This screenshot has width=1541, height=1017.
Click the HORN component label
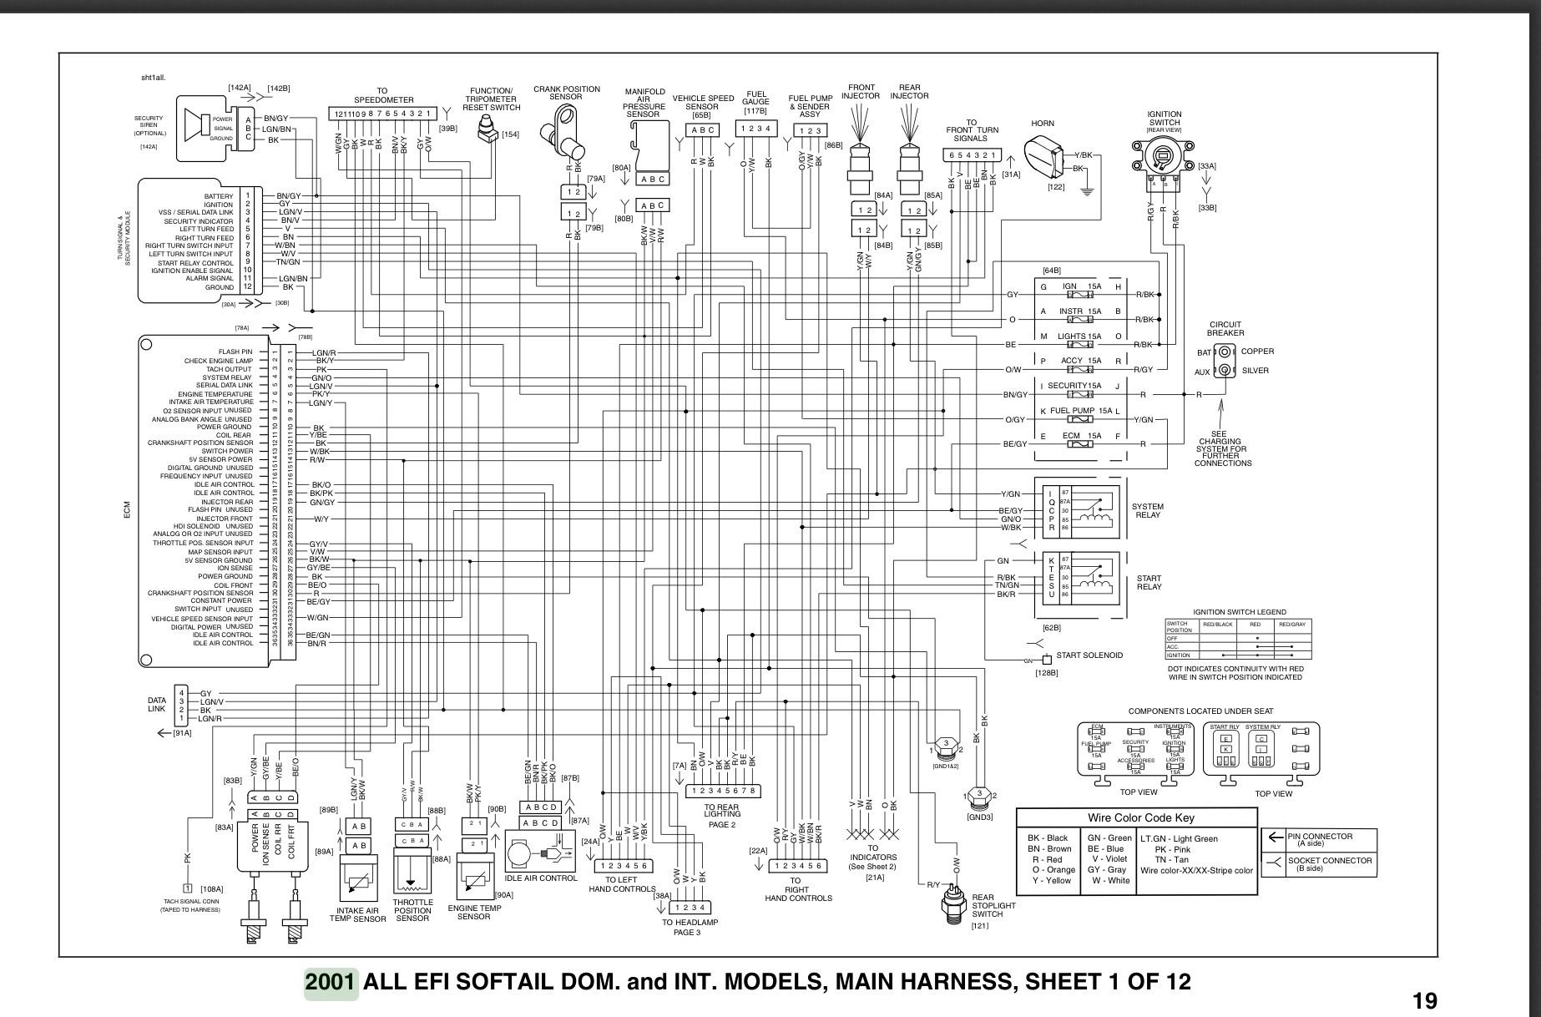click(x=1043, y=124)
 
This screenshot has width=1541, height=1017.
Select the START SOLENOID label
click(x=1089, y=655)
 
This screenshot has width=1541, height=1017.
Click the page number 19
click(x=1424, y=1000)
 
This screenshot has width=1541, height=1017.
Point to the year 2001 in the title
click(x=331, y=982)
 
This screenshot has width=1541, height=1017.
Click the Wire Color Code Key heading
click(x=1136, y=817)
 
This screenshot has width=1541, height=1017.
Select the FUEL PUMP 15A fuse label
click(x=1081, y=411)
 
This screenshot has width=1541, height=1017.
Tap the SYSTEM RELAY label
click(x=1148, y=511)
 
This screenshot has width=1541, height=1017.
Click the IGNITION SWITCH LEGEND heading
click(x=1239, y=612)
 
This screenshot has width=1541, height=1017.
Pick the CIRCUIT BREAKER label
click(x=1225, y=329)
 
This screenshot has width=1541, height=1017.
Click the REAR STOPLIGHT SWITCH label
click(x=993, y=906)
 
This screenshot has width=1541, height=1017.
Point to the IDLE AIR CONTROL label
click(x=541, y=878)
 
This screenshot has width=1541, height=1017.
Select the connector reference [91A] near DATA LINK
click(x=182, y=733)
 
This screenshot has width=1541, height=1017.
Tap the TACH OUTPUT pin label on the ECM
click(x=228, y=369)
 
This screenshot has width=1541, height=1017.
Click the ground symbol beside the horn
click(x=1087, y=193)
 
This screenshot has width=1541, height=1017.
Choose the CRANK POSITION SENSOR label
click(x=566, y=93)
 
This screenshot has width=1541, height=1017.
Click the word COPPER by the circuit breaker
click(x=1257, y=352)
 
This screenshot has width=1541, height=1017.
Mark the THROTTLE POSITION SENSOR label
click(x=412, y=910)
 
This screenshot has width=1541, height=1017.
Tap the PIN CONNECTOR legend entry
click(x=1320, y=839)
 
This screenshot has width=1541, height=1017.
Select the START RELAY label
click(x=1149, y=582)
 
